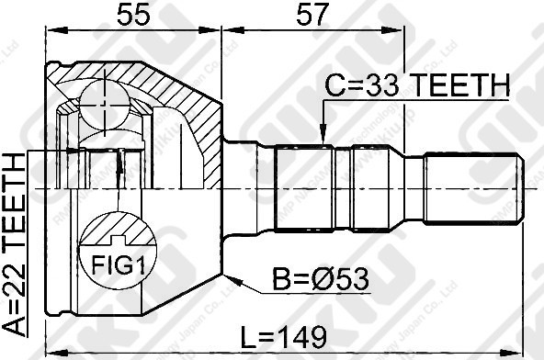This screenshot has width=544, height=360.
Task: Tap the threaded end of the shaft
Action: coord(472,190)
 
